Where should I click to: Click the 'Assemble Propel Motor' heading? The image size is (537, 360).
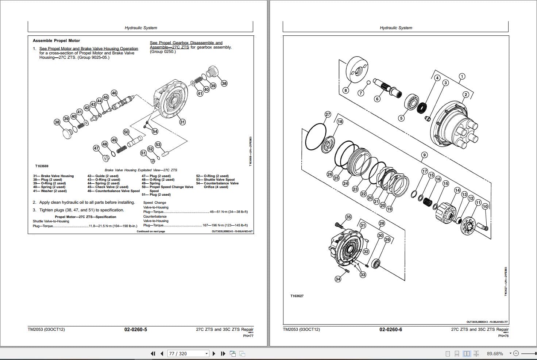pos(56,41)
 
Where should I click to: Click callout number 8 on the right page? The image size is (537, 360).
pos(345,90)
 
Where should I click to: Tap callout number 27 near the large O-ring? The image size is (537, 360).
pos(328,114)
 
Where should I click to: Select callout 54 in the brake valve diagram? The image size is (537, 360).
pos(155,131)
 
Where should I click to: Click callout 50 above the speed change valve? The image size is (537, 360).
pos(126,132)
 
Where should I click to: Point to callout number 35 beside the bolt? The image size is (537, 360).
pos(348,217)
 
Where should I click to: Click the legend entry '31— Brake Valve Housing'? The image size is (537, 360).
pos(53,176)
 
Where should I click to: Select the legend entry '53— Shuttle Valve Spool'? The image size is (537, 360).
pos(215,180)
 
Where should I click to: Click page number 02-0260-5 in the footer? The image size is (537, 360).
pos(136,329)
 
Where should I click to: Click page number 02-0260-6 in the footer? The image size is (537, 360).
pos(391,329)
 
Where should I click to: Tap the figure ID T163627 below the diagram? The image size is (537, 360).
pos(297,296)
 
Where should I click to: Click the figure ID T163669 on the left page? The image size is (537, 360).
pos(42,166)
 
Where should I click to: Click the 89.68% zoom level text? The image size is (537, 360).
pos(495,353)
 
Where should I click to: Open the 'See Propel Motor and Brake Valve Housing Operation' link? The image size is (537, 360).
pos(89,49)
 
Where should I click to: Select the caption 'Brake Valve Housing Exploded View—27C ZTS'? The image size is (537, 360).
pos(141,170)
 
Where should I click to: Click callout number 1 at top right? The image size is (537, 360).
pos(462,76)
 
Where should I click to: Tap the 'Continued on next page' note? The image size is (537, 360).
pos(151,231)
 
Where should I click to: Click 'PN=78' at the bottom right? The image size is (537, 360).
pos(503,336)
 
